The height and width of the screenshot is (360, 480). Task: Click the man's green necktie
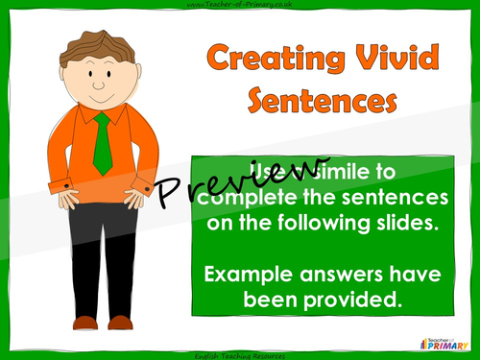point(103,144)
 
